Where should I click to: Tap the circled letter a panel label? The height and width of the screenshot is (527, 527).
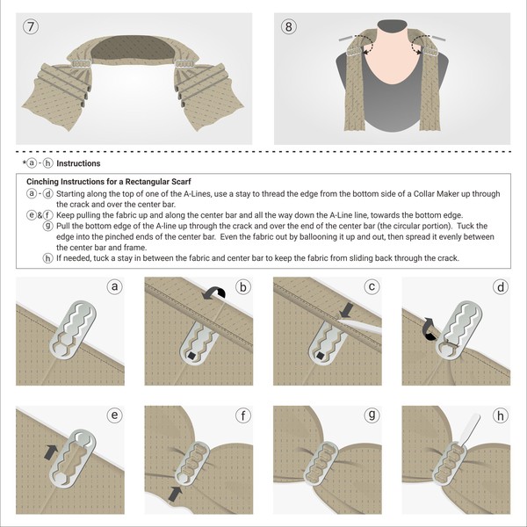113,286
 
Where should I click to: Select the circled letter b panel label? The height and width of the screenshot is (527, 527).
242,286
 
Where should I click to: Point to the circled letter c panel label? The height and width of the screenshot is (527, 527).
372,286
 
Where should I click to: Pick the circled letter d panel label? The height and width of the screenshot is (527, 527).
499,286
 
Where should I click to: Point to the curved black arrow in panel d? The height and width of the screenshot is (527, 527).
429,326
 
